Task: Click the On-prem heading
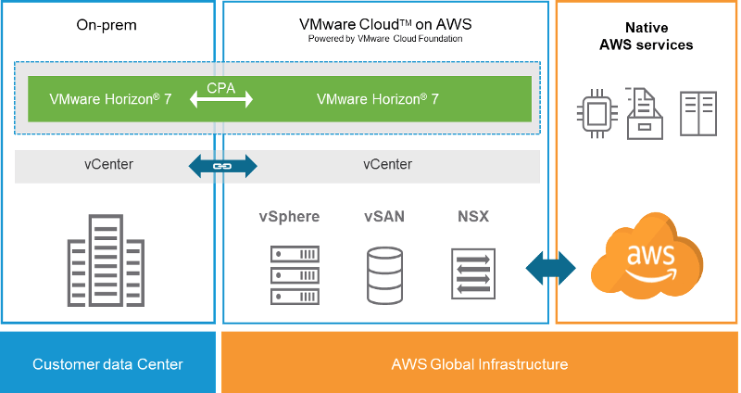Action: [x=107, y=25]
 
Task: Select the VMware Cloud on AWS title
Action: [x=384, y=24]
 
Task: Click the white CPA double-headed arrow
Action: [x=221, y=100]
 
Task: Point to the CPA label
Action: [x=221, y=86]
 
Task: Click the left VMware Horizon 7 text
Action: [x=110, y=98]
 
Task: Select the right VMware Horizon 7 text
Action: [x=378, y=98]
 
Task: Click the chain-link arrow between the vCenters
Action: [x=221, y=166]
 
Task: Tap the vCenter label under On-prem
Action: [x=108, y=165]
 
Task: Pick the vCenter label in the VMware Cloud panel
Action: [x=387, y=165]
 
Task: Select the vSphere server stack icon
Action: [x=295, y=274]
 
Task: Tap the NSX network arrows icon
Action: [x=472, y=274]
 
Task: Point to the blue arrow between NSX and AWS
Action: [x=550, y=269]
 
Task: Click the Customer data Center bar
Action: [x=107, y=363]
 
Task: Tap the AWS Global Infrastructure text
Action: [x=479, y=363]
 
